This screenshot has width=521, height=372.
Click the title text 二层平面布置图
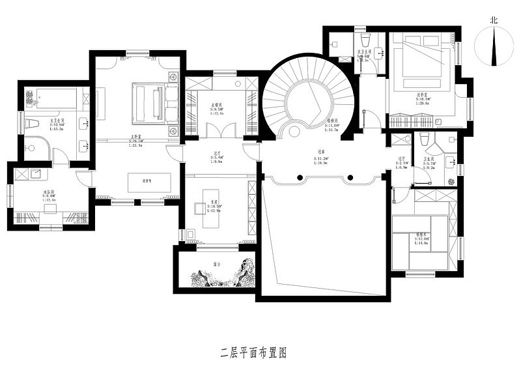254,354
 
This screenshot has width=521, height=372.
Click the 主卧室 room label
136,137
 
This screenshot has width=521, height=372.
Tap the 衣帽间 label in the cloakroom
217,106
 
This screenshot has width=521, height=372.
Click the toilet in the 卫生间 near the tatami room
425,139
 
